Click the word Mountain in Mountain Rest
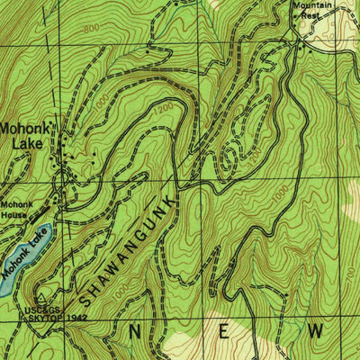tap(312, 5)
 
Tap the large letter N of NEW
tap(135, 331)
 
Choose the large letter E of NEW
tap(224, 331)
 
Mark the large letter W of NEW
tap(315, 331)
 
